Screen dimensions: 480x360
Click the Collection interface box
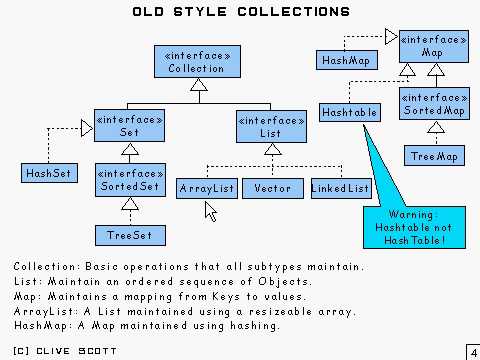197,61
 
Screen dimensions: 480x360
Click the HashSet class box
43,172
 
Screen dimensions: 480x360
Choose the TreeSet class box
127,236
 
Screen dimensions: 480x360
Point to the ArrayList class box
206,188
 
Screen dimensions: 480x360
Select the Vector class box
272,188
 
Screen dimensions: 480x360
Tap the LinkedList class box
340,188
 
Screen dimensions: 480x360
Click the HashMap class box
346,61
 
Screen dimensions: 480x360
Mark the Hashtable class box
349,113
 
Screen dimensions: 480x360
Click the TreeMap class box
434,157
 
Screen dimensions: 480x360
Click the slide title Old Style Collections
241,13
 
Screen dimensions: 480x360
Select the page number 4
471,352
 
